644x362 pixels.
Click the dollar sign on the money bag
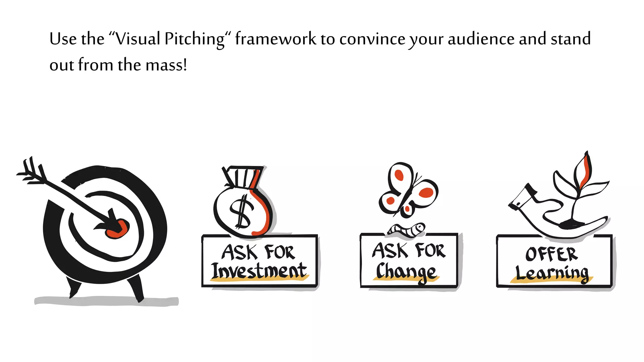pyautogui.click(x=241, y=211)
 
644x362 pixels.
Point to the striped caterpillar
pyautogui.click(x=408, y=230)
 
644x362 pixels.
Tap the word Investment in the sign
pyautogui.click(x=259, y=271)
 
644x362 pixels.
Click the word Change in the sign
pyautogui.click(x=406, y=271)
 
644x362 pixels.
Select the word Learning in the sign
pyautogui.click(x=552, y=273)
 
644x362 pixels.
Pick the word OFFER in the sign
pyautogui.click(x=552, y=254)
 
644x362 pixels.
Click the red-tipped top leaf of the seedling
pyautogui.click(x=584, y=170)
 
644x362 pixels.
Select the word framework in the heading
pyautogui.click(x=275, y=39)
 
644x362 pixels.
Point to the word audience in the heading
pyautogui.click(x=481, y=39)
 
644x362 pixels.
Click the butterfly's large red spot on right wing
pyautogui.click(x=426, y=192)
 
